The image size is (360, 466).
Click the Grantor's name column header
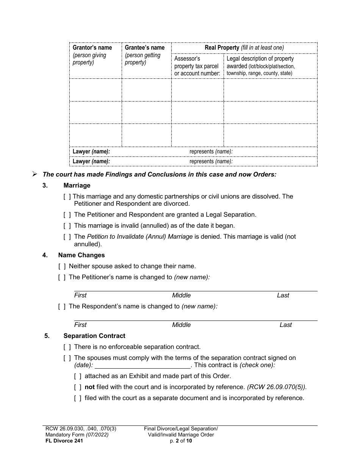(x=92, y=48)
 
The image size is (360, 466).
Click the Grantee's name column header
(x=144, y=48)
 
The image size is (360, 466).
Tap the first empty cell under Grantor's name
(x=95, y=90)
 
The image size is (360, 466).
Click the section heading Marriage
(x=77, y=186)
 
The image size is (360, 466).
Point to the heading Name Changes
(x=81, y=255)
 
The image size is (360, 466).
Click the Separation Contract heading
(x=94, y=336)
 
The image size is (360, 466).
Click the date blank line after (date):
(x=142, y=366)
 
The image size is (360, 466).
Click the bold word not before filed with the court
(x=89, y=387)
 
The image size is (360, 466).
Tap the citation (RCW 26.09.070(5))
(x=277, y=387)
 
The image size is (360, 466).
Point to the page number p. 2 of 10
(x=181, y=441)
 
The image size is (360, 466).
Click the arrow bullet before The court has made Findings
(x=35, y=175)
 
